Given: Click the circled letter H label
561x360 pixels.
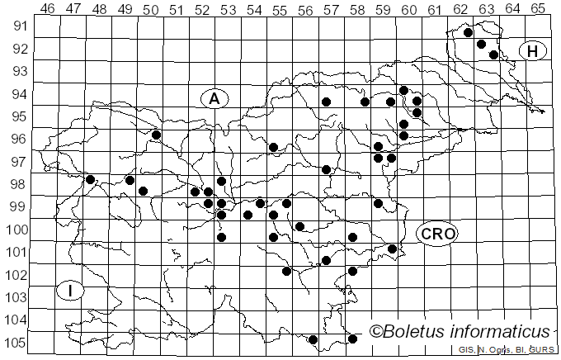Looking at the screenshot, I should pyautogui.click(x=533, y=51).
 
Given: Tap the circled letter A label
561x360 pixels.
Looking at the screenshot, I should pyautogui.click(x=214, y=98).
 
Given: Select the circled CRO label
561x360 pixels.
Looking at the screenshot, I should pyautogui.click(x=436, y=234).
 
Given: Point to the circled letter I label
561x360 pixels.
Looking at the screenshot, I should pyautogui.click(x=71, y=291).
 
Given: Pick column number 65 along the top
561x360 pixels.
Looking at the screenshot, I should pyautogui.click(x=538, y=8).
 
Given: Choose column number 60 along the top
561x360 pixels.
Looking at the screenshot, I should pyautogui.click(x=409, y=8).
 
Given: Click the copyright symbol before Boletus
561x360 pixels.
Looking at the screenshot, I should pyautogui.click(x=376, y=332).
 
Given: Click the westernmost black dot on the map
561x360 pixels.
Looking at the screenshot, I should pyautogui.click(x=90, y=179).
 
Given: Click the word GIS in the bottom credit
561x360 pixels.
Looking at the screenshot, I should pyautogui.click(x=465, y=351).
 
